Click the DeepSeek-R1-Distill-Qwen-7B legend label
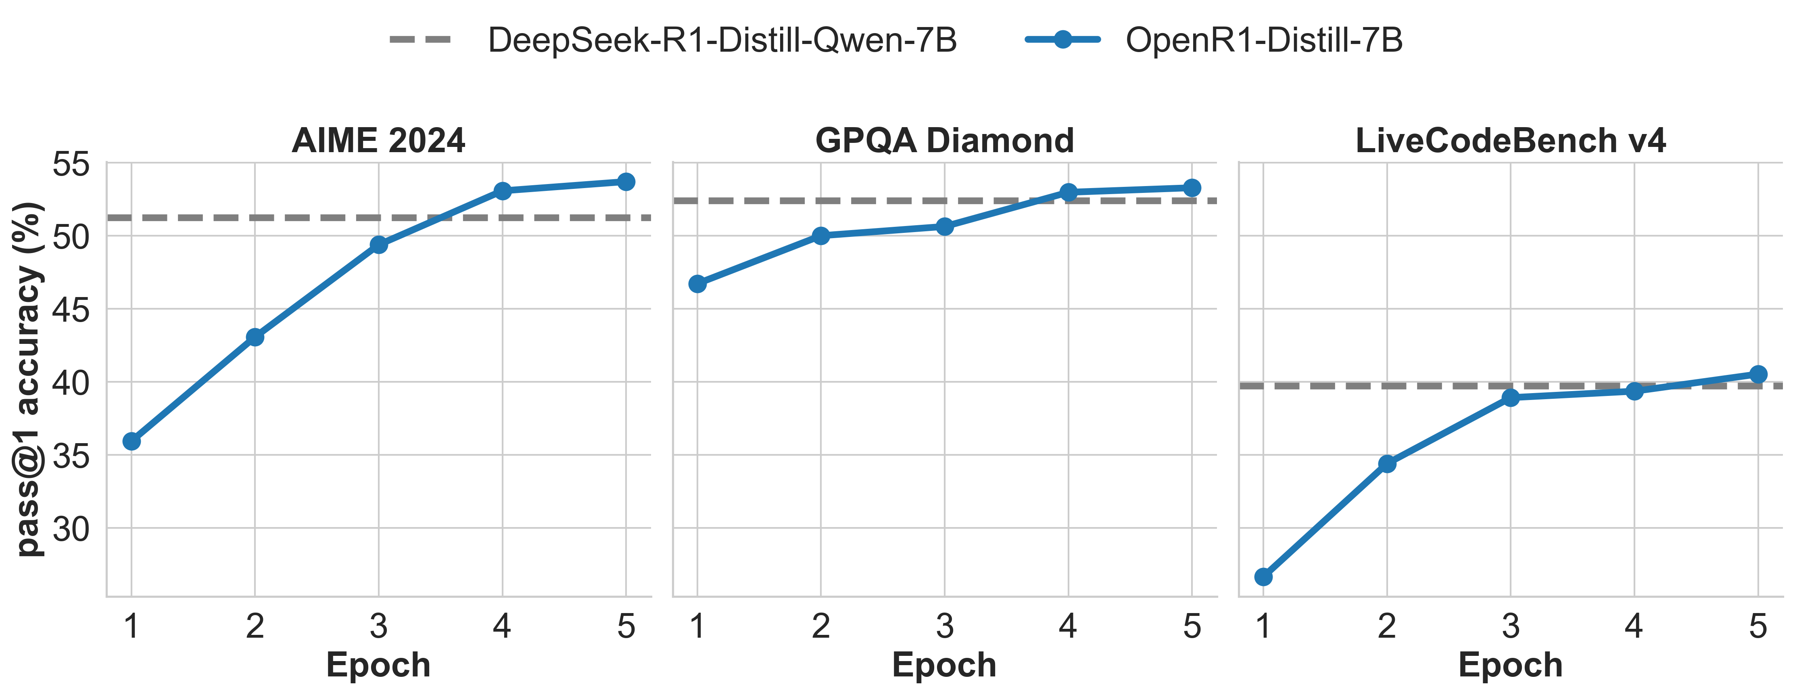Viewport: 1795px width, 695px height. point(722,40)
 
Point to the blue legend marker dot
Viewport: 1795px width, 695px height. point(1062,40)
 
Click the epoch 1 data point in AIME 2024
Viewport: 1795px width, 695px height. point(131,441)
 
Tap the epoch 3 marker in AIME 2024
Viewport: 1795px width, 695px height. point(378,245)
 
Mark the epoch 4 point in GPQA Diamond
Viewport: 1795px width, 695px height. point(1068,192)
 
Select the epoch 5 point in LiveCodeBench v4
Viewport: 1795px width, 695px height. point(1758,374)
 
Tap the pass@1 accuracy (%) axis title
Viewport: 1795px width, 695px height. point(29,380)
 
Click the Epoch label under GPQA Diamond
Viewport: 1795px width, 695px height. point(944,664)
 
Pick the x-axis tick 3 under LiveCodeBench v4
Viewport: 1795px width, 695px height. point(1510,626)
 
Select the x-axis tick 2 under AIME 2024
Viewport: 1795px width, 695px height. point(255,626)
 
